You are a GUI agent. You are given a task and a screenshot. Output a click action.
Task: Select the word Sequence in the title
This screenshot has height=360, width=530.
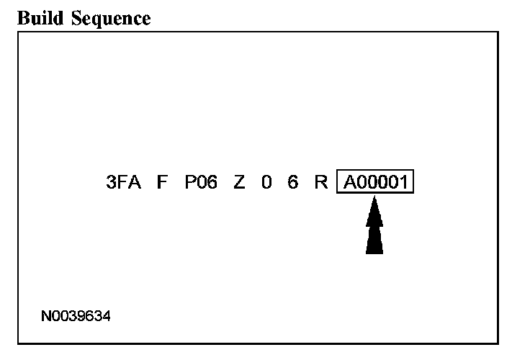click(106, 19)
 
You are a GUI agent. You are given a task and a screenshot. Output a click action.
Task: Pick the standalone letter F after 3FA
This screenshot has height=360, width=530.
click(162, 183)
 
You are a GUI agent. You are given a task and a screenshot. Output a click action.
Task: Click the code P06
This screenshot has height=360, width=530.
click(201, 183)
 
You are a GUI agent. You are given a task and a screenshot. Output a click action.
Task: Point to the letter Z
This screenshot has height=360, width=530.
click(239, 183)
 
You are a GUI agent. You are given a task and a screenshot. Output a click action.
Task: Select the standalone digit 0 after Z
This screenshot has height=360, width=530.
click(266, 183)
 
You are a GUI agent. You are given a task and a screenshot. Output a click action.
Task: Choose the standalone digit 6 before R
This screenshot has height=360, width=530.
click(292, 183)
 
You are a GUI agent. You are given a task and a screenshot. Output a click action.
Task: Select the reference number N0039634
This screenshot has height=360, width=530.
click(76, 316)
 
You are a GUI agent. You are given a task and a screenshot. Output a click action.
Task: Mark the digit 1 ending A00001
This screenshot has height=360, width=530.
click(405, 183)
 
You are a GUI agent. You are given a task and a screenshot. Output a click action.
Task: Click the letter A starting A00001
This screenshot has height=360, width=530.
click(349, 183)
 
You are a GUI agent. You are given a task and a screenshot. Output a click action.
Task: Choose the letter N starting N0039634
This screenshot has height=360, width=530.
click(46, 316)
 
